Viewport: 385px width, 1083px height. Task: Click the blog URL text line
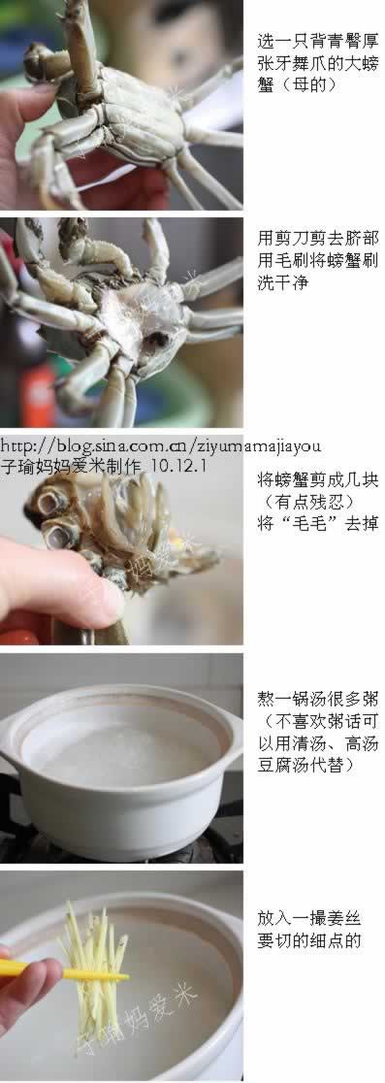pyautogui.click(x=160, y=445)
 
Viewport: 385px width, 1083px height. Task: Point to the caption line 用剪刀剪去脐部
pyautogui.click(x=317, y=238)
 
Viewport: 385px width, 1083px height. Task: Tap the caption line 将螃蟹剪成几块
pyautogui.click(x=317, y=479)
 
